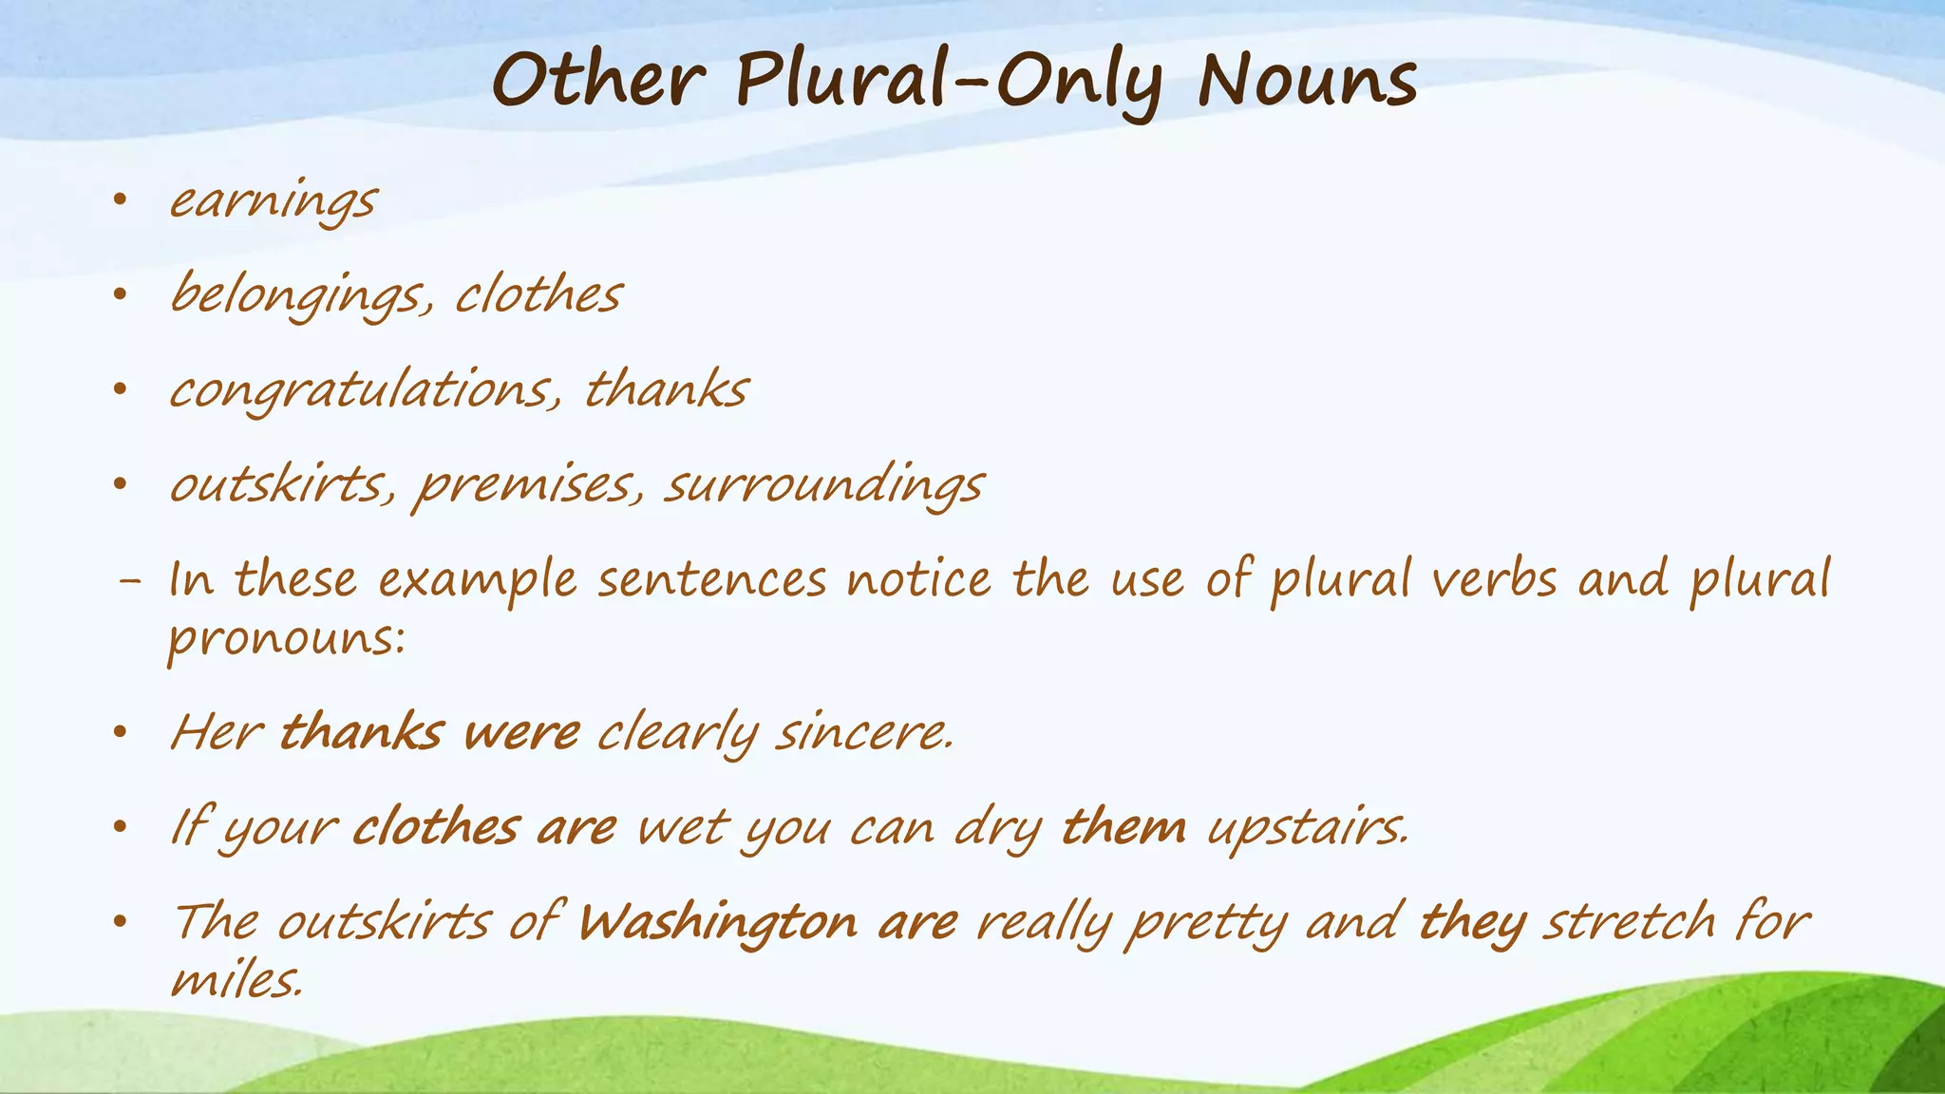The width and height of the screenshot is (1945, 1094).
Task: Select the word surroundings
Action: click(823, 486)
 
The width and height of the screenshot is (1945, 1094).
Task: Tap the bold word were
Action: click(521, 733)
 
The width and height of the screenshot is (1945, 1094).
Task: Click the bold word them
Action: click(1124, 828)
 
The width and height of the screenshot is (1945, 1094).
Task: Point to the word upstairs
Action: click(1309, 828)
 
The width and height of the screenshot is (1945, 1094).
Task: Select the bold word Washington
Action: click(718, 923)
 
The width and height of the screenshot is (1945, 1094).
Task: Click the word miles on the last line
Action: click(236, 980)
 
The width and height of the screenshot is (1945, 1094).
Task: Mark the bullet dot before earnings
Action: click(119, 200)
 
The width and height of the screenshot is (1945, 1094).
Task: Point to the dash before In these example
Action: click(128, 581)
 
